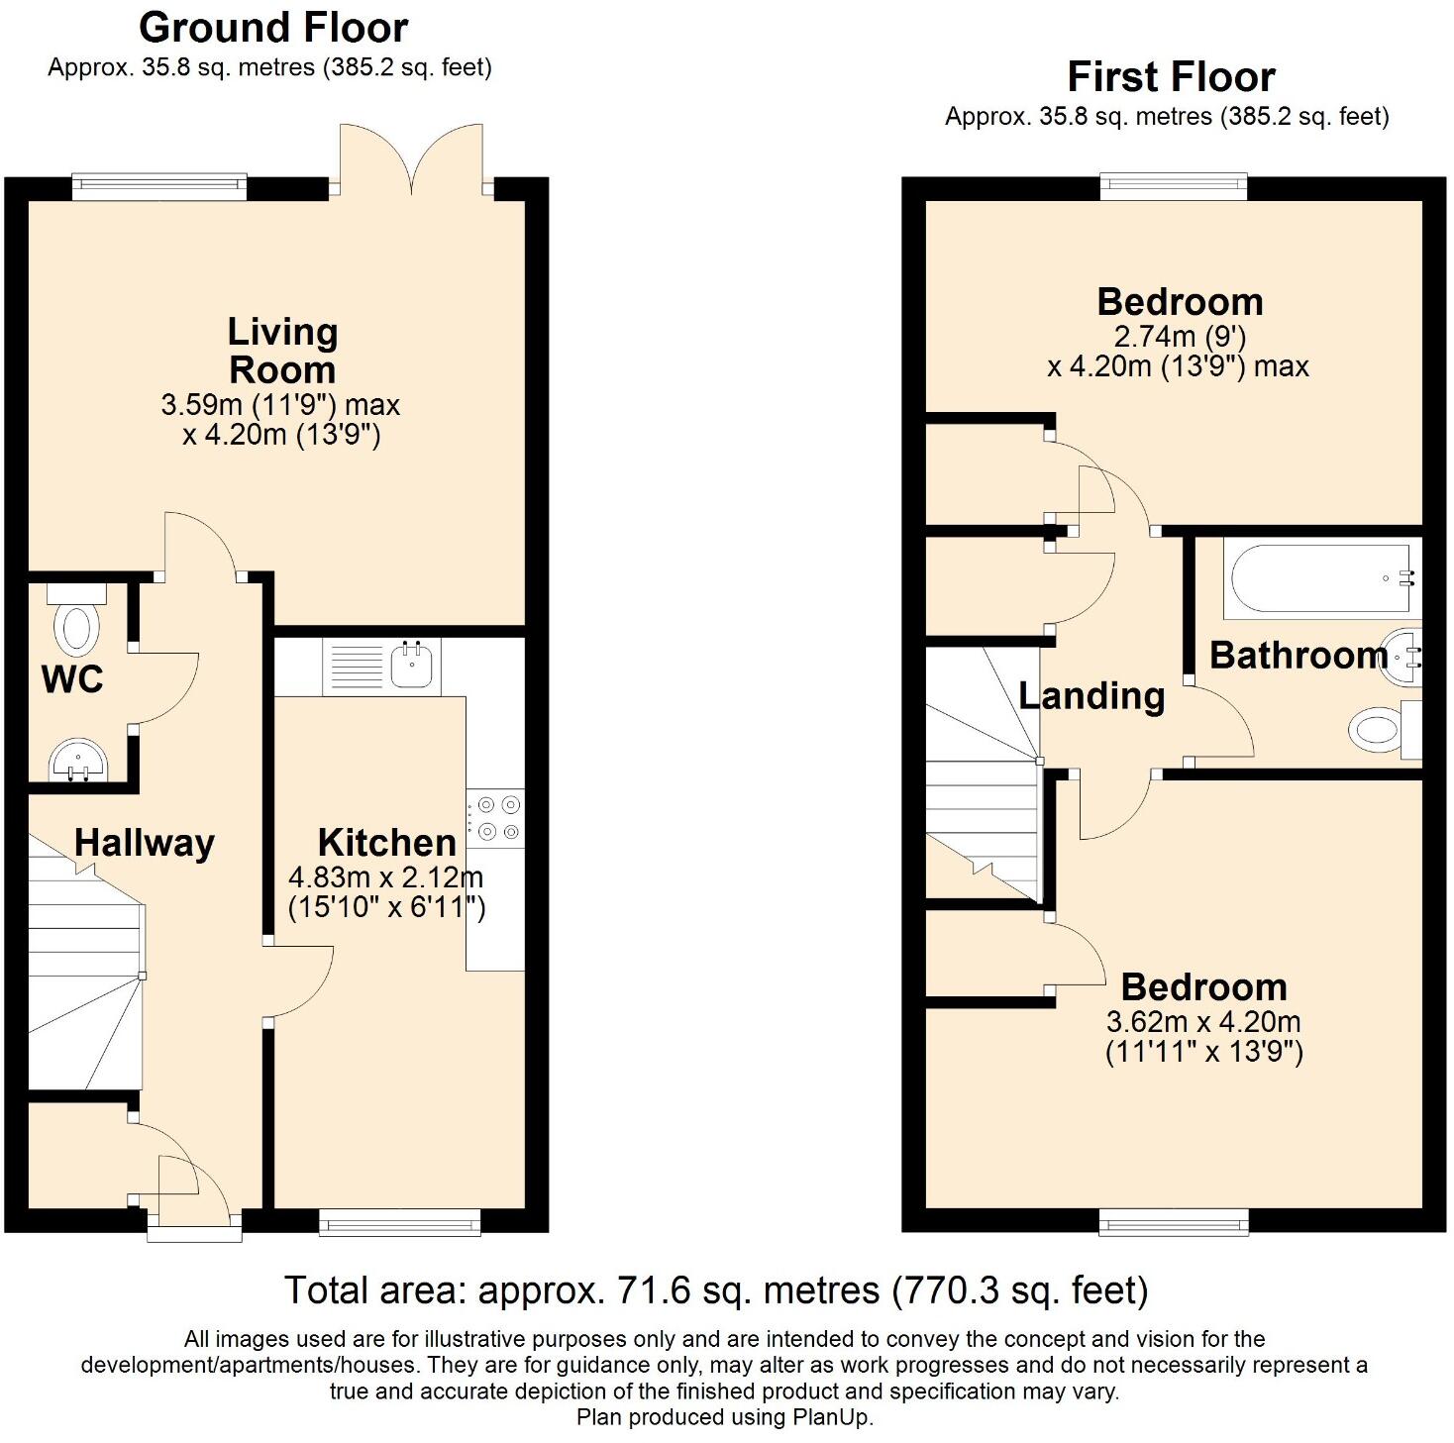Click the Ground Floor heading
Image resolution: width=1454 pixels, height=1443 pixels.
[x=273, y=28]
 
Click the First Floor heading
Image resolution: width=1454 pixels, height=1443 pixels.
[x=1171, y=76]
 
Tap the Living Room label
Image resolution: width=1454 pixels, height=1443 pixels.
[x=282, y=351]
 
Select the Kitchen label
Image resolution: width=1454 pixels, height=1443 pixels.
[x=386, y=843]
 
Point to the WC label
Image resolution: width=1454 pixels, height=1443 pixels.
[x=72, y=679]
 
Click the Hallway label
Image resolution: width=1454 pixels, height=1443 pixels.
[x=145, y=843]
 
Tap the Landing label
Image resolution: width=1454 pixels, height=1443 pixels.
[x=1091, y=695]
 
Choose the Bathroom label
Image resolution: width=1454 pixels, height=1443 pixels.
[x=1298, y=655]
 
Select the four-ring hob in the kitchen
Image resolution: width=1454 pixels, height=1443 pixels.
[x=495, y=818]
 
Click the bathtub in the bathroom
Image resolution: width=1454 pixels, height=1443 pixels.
[x=1317, y=577]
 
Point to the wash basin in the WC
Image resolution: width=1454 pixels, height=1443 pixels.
[x=76, y=761]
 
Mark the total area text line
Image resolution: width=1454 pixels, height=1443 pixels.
[x=715, y=1290]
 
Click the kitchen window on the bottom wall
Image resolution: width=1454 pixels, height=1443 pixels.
[x=399, y=1224]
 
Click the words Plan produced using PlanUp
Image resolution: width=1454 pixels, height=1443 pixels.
[x=725, y=1417]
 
